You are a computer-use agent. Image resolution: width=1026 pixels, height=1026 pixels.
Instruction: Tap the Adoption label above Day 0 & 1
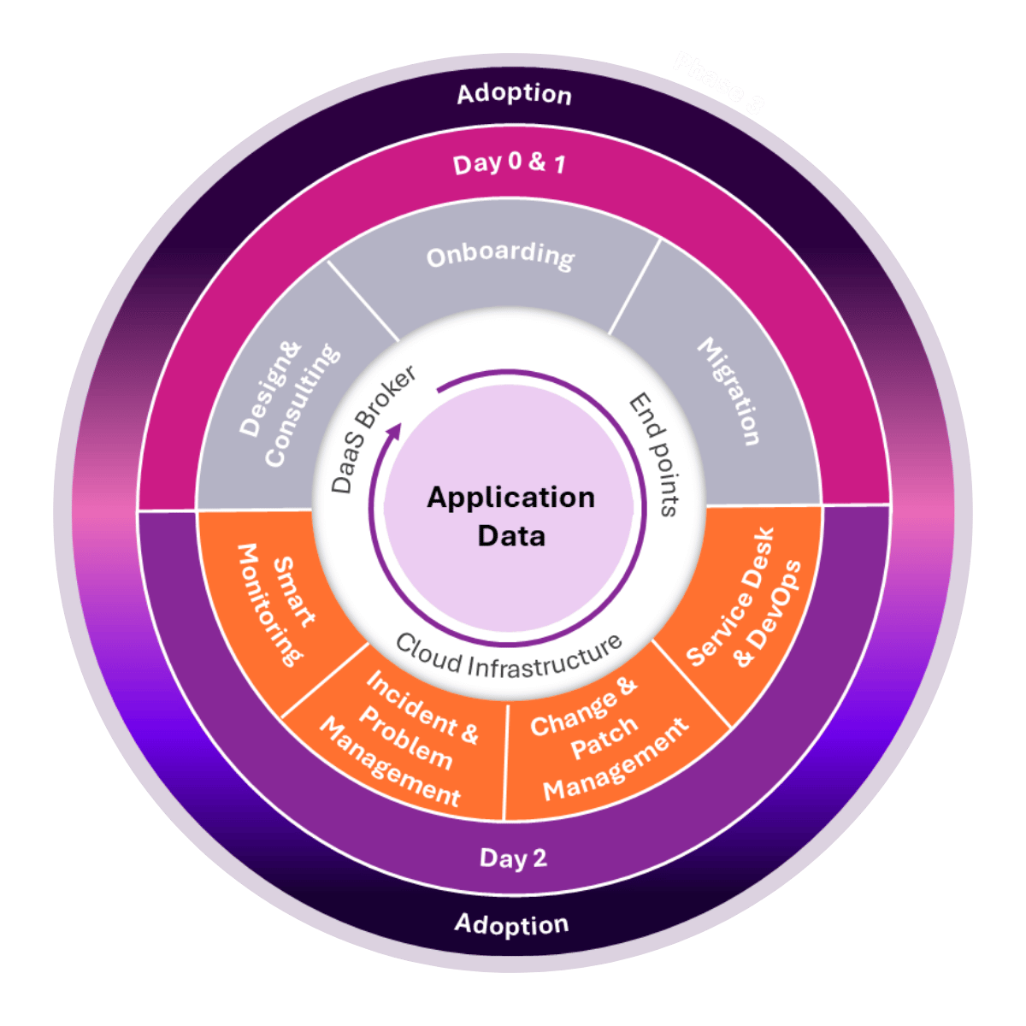pos(514,93)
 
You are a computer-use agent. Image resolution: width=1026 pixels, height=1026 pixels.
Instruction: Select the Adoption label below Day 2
pos(511,924)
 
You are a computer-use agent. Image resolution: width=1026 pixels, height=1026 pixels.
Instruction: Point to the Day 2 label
pos(512,858)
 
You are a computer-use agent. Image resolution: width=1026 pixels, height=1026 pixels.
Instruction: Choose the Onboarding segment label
pos(500,256)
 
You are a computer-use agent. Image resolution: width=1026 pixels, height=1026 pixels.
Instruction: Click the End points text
pos(655,454)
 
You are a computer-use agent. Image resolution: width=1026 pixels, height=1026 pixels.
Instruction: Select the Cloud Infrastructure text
pos(508,655)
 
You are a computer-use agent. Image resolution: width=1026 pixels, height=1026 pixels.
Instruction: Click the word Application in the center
pos(510,498)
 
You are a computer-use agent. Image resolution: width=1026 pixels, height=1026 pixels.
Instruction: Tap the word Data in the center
pos(510,536)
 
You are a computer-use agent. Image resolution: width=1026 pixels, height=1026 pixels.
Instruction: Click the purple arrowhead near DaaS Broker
pos(394,433)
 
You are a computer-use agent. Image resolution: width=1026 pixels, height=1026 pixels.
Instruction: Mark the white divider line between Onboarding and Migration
pos(634,286)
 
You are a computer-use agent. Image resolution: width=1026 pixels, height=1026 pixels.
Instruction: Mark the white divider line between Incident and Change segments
pos(505,761)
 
